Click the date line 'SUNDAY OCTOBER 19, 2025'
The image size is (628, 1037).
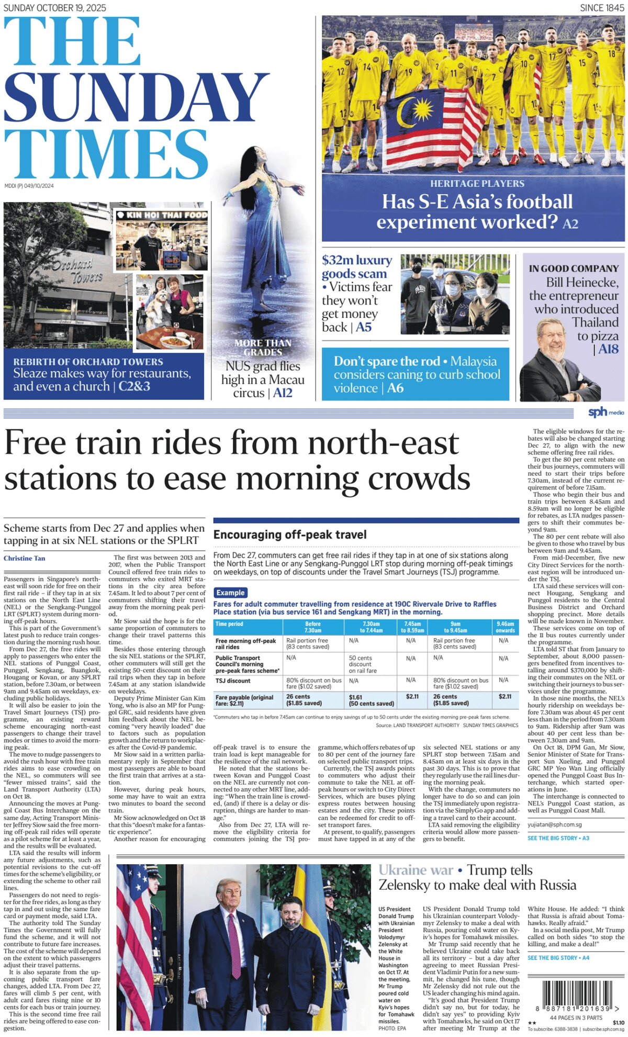click(x=55, y=7)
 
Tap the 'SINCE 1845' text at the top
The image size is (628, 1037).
click(x=602, y=7)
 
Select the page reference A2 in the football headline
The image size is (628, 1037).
click(x=570, y=224)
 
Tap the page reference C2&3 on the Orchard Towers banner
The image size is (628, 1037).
click(x=134, y=386)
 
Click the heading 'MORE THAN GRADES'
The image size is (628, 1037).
click(x=263, y=348)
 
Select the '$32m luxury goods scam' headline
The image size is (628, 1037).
click(x=356, y=267)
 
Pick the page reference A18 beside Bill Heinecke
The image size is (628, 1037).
click(x=608, y=349)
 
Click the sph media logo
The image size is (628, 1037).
click(x=605, y=412)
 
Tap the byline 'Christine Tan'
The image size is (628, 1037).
click(x=24, y=558)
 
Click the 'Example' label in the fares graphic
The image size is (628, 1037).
click(x=230, y=593)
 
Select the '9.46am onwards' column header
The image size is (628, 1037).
click(x=505, y=627)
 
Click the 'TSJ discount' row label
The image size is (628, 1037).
click(x=233, y=681)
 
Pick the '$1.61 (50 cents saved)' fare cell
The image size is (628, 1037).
click(x=371, y=700)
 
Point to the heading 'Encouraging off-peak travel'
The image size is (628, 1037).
click(x=290, y=534)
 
